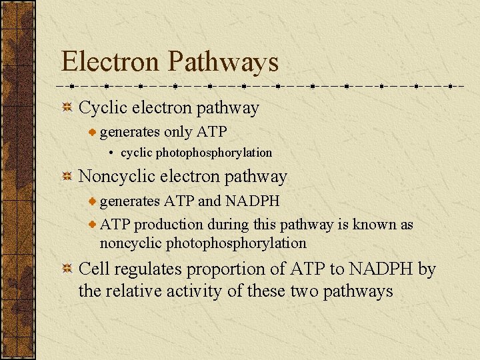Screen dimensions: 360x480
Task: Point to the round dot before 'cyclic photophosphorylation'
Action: [x=111, y=153]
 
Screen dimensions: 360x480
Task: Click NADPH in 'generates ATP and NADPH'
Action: [x=252, y=201]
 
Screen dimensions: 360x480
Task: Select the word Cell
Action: [x=94, y=269]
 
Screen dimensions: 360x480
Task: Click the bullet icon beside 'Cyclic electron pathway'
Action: [x=67, y=108]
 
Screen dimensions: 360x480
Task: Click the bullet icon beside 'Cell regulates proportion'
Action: [x=67, y=269]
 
